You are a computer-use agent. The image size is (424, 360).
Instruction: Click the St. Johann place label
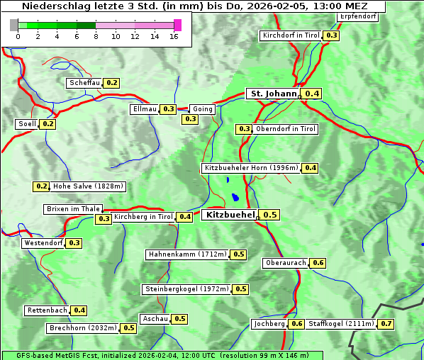(x=273, y=94)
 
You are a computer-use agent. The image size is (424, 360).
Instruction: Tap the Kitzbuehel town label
(x=229, y=215)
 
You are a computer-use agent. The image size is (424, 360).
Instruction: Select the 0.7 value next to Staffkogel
(x=386, y=324)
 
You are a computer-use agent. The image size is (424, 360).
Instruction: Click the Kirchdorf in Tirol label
(x=291, y=35)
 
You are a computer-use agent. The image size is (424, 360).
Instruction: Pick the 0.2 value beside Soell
(x=48, y=124)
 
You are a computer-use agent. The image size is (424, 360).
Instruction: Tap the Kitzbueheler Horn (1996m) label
(x=250, y=169)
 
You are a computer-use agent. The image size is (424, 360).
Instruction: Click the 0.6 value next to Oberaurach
(x=318, y=263)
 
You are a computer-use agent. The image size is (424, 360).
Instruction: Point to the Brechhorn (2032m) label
(x=83, y=328)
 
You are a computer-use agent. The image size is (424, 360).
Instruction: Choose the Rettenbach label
(x=48, y=310)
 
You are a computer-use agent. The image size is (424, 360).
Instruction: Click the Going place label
(x=203, y=109)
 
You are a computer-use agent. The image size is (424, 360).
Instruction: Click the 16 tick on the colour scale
(x=173, y=36)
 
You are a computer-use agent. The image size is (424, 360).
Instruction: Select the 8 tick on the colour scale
(x=95, y=36)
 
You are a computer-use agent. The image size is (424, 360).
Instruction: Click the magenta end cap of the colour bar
(x=177, y=25)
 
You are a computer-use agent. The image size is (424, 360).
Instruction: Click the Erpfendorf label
(x=357, y=16)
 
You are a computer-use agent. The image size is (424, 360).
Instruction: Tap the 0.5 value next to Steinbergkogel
(x=241, y=289)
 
